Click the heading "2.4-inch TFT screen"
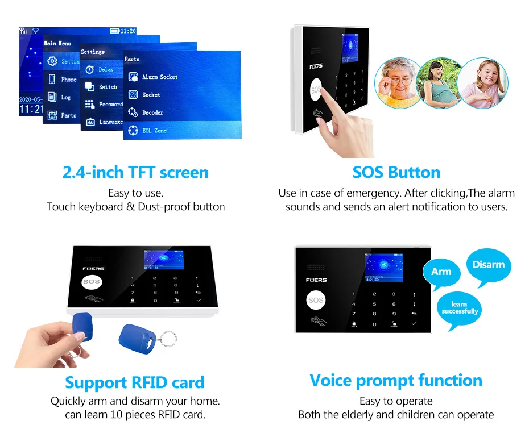tap(135, 173)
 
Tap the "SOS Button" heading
tap(396, 173)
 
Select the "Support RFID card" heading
tap(135, 382)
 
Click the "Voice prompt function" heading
tap(396, 380)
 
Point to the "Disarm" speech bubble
tap(488, 265)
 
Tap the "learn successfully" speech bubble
tap(460, 308)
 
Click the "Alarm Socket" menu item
tap(159, 77)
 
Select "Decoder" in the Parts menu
tap(152, 112)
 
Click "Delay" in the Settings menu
tap(106, 69)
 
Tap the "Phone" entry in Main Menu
tap(68, 80)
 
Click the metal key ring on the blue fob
tap(166, 339)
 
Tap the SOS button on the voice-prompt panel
tap(316, 300)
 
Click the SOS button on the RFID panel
tap(91, 281)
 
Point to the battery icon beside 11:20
tap(114, 31)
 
